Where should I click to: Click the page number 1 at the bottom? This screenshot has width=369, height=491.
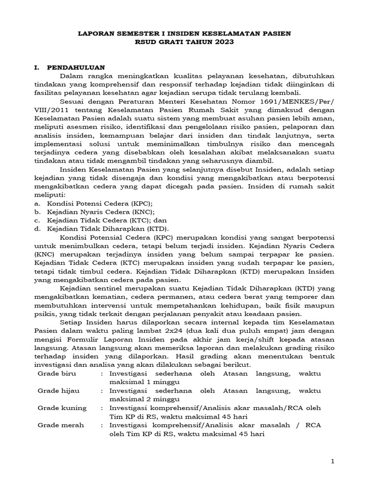332,461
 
